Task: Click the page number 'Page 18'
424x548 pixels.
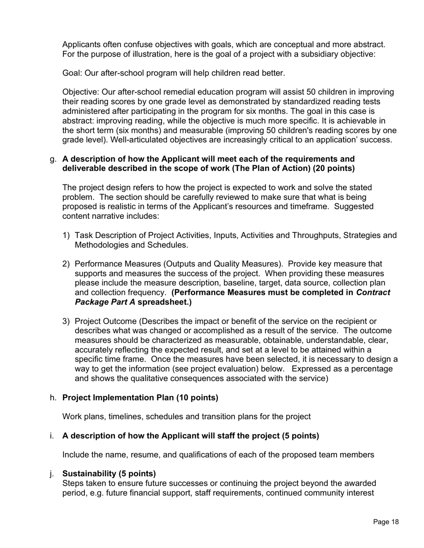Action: [386, 522]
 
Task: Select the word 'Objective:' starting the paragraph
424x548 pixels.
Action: [81, 92]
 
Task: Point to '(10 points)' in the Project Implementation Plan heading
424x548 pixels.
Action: [197, 398]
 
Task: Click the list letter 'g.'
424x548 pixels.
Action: [53, 159]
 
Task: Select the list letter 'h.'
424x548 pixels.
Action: [53, 398]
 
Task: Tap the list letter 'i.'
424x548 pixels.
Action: [52, 436]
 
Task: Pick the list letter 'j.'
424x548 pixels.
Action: [53, 474]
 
